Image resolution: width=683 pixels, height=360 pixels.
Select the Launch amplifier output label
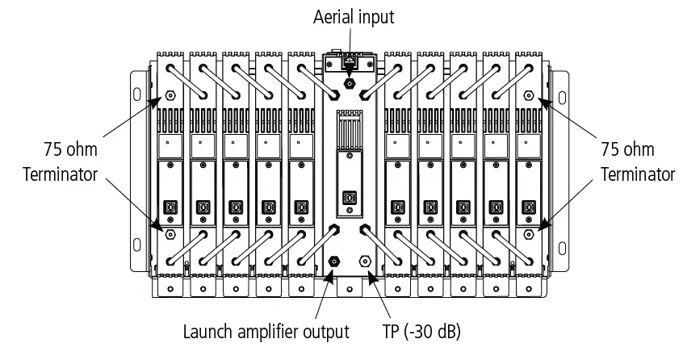[266, 332]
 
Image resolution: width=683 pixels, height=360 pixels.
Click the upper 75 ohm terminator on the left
[171, 93]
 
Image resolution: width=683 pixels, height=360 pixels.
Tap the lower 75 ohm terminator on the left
[171, 234]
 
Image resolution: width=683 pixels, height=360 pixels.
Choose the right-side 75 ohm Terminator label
[637, 161]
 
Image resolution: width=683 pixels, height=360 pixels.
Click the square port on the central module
[349, 197]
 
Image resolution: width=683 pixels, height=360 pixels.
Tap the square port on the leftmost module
[171, 206]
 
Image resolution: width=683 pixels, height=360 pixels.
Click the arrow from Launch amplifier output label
[324, 295]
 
